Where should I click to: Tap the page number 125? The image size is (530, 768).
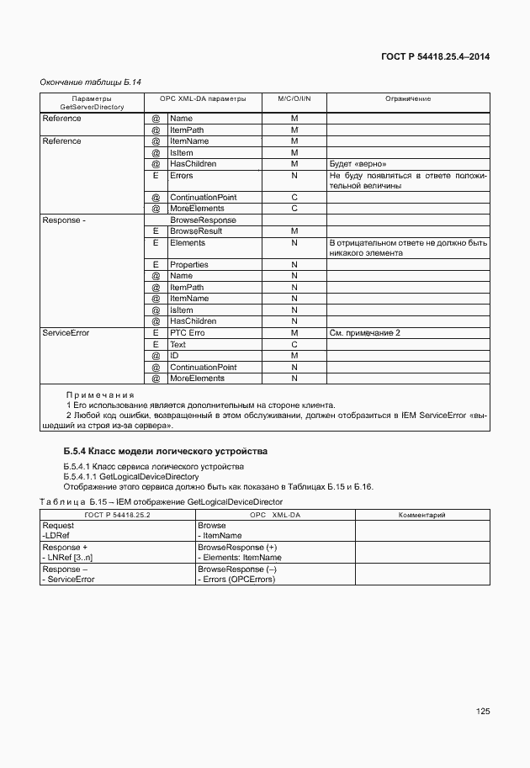tap(482, 711)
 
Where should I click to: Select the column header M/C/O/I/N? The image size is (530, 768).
tap(294, 98)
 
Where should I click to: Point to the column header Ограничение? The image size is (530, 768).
tap(408, 98)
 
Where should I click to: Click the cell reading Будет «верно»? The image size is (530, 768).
tap(358, 164)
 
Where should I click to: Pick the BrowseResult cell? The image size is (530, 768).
tap(196, 230)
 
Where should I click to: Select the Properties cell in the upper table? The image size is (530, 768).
tap(188, 264)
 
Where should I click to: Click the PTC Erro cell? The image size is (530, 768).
tap(187, 333)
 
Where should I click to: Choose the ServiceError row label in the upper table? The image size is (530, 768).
tap(66, 333)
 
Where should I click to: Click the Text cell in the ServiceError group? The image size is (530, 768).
tap(178, 344)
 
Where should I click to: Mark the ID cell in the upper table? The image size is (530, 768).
tap(174, 356)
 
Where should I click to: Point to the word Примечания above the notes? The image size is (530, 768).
tap(100, 395)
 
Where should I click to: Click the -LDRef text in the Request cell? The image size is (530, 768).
tap(55, 535)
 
